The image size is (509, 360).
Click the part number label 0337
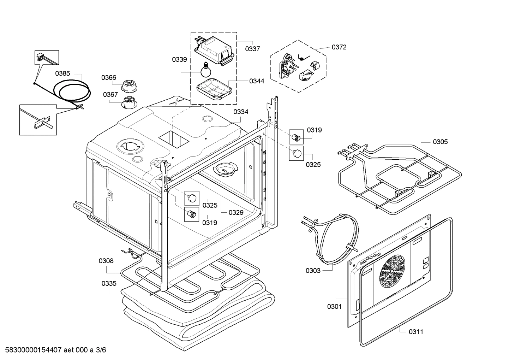(252, 49)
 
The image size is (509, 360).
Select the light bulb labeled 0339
(204, 70)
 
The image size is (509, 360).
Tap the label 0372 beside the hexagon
(339, 47)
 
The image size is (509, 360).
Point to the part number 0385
(62, 73)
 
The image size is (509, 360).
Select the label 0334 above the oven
(241, 112)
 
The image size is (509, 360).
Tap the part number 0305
(440, 142)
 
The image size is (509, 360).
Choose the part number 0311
(416, 332)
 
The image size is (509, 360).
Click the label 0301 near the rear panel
(334, 306)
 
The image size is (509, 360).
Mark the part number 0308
(106, 261)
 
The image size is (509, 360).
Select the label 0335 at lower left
(109, 283)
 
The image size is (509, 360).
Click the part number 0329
(236, 212)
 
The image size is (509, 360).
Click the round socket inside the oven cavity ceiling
(225, 169)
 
